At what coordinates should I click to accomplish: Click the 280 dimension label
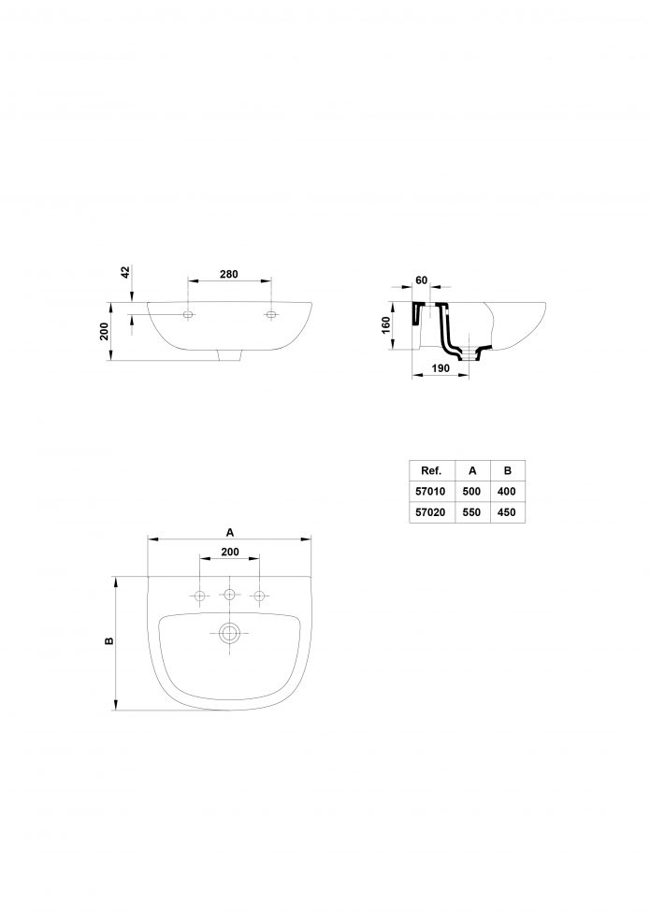click(x=228, y=274)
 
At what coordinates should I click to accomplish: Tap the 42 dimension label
click(x=125, y=272)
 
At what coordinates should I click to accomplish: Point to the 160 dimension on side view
click(x=385, y=325)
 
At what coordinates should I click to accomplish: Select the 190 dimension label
click(x=441, y=368)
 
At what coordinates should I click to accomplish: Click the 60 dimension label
click(x=422, y=280)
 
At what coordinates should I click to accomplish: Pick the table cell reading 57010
click(x=430, y=492)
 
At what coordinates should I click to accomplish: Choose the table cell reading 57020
click(x=430, y=512)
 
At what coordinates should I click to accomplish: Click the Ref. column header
click(x=431, y=470)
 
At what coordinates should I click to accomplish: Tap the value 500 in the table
click(x=471, y=492)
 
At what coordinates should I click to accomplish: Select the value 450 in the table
click(x=506, y=512)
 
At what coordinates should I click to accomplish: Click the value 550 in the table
click(x=471, y=512)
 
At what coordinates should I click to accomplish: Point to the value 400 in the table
click(x=506, y=492)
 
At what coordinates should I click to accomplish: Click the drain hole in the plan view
click(x=229, y=634)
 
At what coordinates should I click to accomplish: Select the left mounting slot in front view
click(x=188, y=315)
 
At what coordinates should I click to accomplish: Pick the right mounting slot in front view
click(x=271, y=315)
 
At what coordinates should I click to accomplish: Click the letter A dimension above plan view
click(x=230, y=532)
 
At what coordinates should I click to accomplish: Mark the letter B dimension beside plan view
click(x=109, y=641)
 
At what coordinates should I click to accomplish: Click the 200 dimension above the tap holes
click(x=230, y=552)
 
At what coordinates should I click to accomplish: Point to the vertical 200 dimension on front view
click(x=105, y=331)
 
